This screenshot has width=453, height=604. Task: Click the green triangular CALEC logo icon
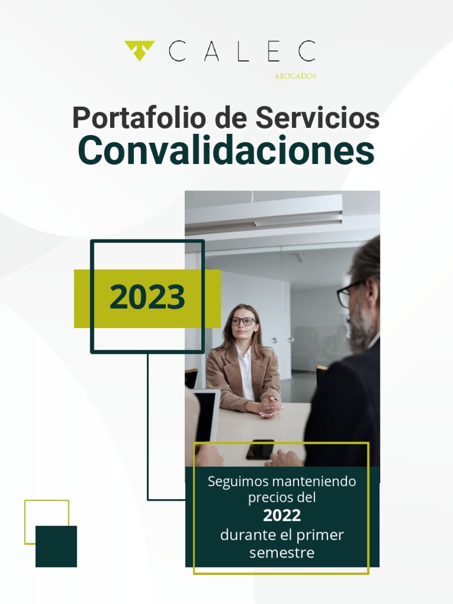pos(139,50)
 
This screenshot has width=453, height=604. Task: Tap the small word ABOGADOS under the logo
pos(295,76)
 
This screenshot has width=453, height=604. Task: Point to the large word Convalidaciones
pos(226,150)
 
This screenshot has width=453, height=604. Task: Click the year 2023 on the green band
pos(147,298)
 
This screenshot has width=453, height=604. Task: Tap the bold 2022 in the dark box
pos(281,516)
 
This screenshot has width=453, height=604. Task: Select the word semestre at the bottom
pos(281,553)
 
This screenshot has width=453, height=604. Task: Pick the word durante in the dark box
pos(244,535)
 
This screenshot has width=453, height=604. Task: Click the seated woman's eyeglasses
pos(243,321)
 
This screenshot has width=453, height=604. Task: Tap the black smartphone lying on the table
pos(260,449)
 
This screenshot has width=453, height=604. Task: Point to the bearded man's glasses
pos(348,293)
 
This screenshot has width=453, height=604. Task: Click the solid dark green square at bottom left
pos(56,546)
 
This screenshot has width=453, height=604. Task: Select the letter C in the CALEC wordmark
pos(177,51)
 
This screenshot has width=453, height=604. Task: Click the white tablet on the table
pos(206,416)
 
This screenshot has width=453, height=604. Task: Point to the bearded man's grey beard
pos(359,330)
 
